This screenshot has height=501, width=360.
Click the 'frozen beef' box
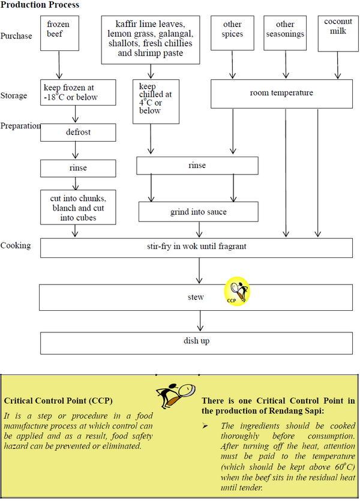coord(59,32)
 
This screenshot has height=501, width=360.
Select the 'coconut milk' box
coord(338,29)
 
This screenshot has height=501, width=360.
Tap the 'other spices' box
coord(232,32)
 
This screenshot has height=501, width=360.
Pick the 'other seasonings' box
coord(285,32)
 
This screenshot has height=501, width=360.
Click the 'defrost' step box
coord(78,132)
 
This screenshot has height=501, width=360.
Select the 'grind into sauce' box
coord(199,212)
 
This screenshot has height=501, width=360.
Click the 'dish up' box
coord(196,342)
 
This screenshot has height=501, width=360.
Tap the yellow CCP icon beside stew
coord(238,292)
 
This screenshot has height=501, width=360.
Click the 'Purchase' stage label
coord(16,36)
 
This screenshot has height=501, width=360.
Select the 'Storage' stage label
coord(14,95)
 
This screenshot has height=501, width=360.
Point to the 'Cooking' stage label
coord(16,245)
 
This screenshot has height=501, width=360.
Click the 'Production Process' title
coord(40,5)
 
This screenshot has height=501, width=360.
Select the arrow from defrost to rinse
coord(76,150)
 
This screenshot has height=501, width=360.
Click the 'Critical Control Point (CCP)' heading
coord(58,400)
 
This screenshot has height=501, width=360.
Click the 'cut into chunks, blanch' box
coord(78,207)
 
